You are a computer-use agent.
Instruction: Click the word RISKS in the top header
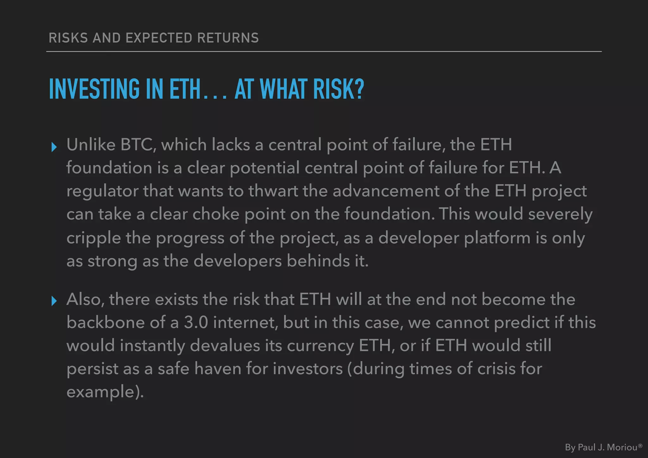[x=68, y=38]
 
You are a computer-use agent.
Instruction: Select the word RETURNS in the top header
[x=228, y=38]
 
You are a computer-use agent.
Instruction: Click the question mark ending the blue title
[x=358, y=89]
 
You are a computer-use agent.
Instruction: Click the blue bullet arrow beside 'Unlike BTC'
[x=54, y=147]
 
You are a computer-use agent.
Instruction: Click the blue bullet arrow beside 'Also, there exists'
[x=54, y=301]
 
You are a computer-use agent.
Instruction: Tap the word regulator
[x=102, y=191]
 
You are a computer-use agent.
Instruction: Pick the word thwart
[x=273, y=191]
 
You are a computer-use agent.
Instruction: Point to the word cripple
[x=94, y=238]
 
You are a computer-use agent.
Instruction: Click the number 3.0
[x=196, y=323]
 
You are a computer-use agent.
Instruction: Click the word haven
[x=218, y=369]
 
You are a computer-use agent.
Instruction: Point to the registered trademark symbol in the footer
[x=640, y=446]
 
